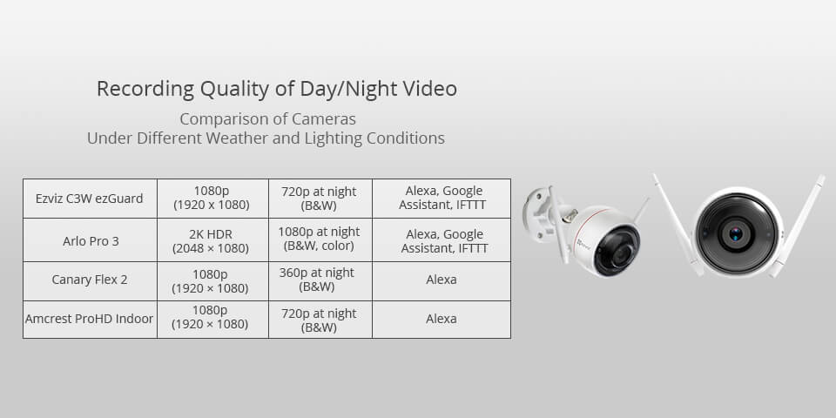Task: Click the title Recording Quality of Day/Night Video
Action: point(276,89)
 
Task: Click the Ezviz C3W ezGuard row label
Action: point(90,199)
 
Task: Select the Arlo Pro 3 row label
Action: point(90,240)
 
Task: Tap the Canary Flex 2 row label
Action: point(90,280)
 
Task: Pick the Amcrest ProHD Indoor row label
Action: point(90,319)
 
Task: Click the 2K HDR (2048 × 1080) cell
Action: point(212,240)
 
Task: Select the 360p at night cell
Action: point(318,280)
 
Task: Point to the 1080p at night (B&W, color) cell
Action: point(319,240)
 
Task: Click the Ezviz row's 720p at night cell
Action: point(318,199)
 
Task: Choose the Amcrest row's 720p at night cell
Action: point(318,320)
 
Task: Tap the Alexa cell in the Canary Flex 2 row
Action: point(441,280)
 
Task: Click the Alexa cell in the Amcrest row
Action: point(441,319)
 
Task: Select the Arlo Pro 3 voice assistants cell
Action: point(441,240)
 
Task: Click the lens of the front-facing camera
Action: point(736,233)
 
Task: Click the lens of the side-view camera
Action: point(619,253)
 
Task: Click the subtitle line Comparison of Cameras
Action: point(267,118)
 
